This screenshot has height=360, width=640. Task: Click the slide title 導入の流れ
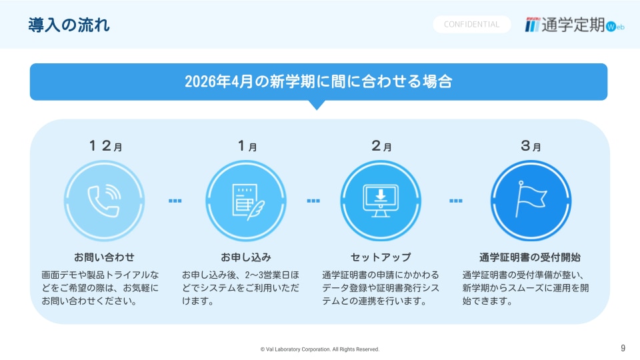69,25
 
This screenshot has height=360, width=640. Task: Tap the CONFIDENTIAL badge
471,25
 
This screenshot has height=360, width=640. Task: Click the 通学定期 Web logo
574,25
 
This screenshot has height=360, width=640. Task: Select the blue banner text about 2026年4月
319,81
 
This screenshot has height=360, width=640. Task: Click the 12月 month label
106,146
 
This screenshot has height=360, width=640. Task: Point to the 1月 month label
247,146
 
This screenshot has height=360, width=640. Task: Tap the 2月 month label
381,146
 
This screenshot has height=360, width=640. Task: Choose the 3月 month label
531,146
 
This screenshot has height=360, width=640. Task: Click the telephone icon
104,201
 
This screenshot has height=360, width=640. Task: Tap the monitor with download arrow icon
381,201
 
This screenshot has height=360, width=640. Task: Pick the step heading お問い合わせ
104,257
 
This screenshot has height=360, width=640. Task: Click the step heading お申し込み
246,257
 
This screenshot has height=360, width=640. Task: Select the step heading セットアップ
381,257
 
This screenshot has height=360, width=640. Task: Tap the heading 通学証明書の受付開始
530,257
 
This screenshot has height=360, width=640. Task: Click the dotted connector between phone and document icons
175,201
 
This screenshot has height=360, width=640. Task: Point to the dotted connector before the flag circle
456,201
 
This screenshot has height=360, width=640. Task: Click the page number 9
623,348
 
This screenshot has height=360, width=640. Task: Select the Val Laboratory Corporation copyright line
320,349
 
